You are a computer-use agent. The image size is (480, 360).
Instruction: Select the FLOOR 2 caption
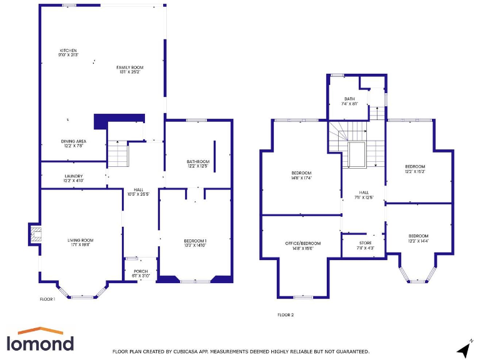click(x=286, y=315)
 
